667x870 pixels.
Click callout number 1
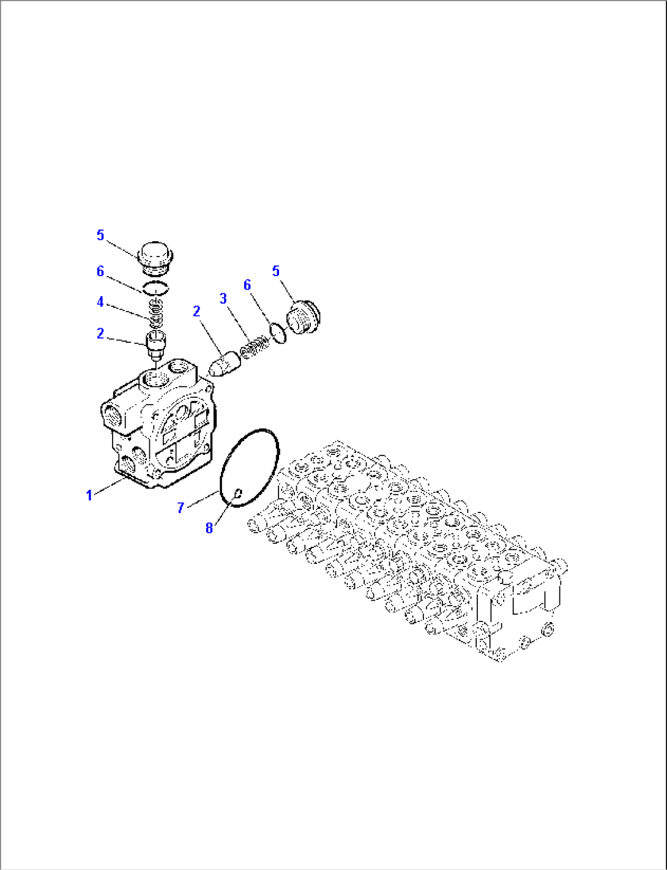tap(89, 495)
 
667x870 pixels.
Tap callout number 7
tap(181, 508)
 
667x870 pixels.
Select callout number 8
tap(209, 528)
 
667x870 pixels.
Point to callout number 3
tap(223, 298)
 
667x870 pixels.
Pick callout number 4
tap(100, 302)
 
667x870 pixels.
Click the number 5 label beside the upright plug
tap(100, 235)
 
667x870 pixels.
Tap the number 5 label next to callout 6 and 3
tap(276, 271)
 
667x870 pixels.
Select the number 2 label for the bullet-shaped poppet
tap(196, 312)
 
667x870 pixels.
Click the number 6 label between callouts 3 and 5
tap(247, 285)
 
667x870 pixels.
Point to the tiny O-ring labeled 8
tap(239, 492)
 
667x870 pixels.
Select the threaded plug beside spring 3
tap(304, 318)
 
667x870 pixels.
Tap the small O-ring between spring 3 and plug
tap(278, 333)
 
